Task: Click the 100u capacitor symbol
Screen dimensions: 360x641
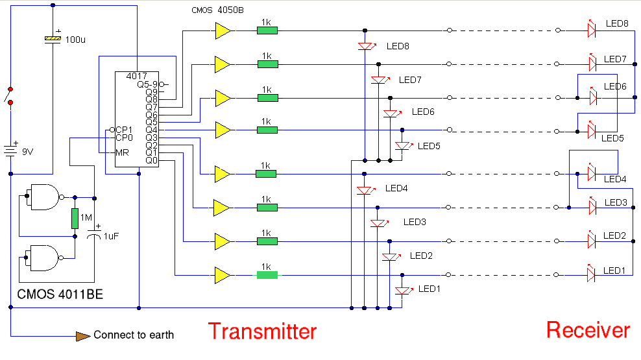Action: pyautogui.click(x=53, y=39)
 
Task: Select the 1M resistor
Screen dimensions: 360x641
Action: pyautogui.click(x=75, y=219)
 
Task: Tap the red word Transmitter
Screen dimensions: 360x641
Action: pyautogui.click(x=262, y=331)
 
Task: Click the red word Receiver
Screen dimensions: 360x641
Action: pyautogui.click(x=588, y=330)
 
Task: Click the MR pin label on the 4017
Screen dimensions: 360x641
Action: pyautogui.click(x=123, y=152)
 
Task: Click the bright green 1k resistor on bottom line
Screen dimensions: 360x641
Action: pyautogui.click(x=267, y=275)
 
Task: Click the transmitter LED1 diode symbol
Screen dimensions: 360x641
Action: pyautogui.click(x=403, y=290)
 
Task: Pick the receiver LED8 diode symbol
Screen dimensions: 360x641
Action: pyautogui.click(x=591, y=30)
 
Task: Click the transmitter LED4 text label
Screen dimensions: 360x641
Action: pyautogui.click(x=396, y=189)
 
